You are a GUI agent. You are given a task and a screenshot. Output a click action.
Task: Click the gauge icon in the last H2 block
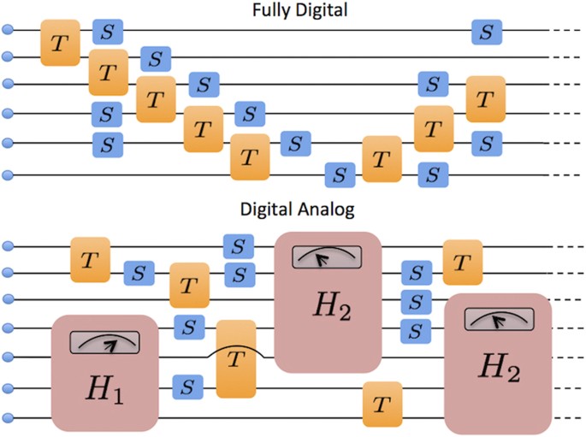pos(498,319)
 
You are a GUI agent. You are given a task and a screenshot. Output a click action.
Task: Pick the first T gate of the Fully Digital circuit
pos(60,43)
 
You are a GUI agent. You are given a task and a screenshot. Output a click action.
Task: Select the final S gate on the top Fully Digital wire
pos(487,32)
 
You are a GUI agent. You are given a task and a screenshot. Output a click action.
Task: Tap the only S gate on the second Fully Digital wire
pos(156,59)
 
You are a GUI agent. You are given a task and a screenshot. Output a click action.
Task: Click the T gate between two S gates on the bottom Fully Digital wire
pos(382,159)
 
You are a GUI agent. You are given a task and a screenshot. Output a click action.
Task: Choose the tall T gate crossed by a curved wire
pos(236,358)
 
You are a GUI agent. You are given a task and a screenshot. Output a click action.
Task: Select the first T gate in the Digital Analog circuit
pos(90,260)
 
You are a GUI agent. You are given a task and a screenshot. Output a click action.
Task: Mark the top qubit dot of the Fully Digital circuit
pos(9,31)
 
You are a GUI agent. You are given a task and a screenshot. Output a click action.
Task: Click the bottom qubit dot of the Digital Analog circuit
pos(9,417)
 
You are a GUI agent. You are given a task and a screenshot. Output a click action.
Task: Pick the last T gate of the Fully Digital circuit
pos(486,98)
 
